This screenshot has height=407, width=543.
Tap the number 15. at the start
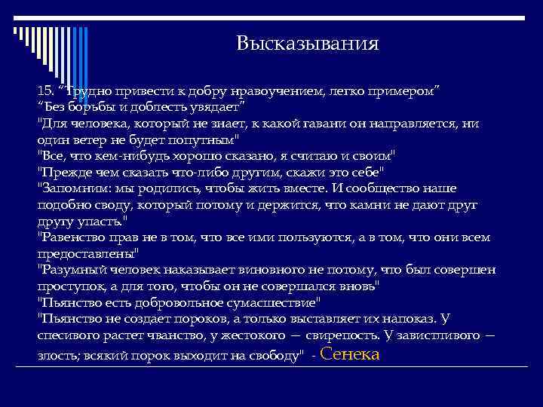pos(47,90)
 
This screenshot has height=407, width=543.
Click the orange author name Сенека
pos(350,353)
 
